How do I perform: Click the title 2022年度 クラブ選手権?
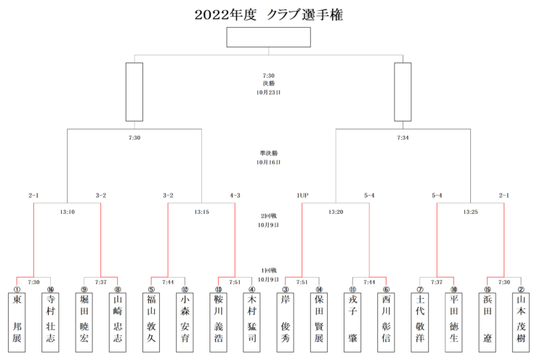click(269, 15)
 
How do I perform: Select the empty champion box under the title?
click(269, 37)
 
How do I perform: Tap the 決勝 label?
click(269, 84)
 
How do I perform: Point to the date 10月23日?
click(269, 92)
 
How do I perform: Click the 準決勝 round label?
click(269, 153)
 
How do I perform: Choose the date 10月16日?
click(269, 162)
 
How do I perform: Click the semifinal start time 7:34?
click(403, 137)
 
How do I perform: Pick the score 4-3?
click(235, 196)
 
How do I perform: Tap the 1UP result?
click(302, 196)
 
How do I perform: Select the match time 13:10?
click(67, 212)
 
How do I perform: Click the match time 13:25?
click(470, 212)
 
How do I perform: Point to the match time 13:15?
click(201, 212)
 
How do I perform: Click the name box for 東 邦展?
click(17, 322)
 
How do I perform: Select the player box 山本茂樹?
click(521, 322)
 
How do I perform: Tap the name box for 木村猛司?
click(252, 322)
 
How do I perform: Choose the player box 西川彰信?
click(386, 322)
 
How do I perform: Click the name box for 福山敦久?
click(151, 322)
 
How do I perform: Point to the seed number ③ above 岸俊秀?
click(286, 289)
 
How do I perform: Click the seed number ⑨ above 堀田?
click(84, 289)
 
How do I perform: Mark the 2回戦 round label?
click(269, 216)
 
